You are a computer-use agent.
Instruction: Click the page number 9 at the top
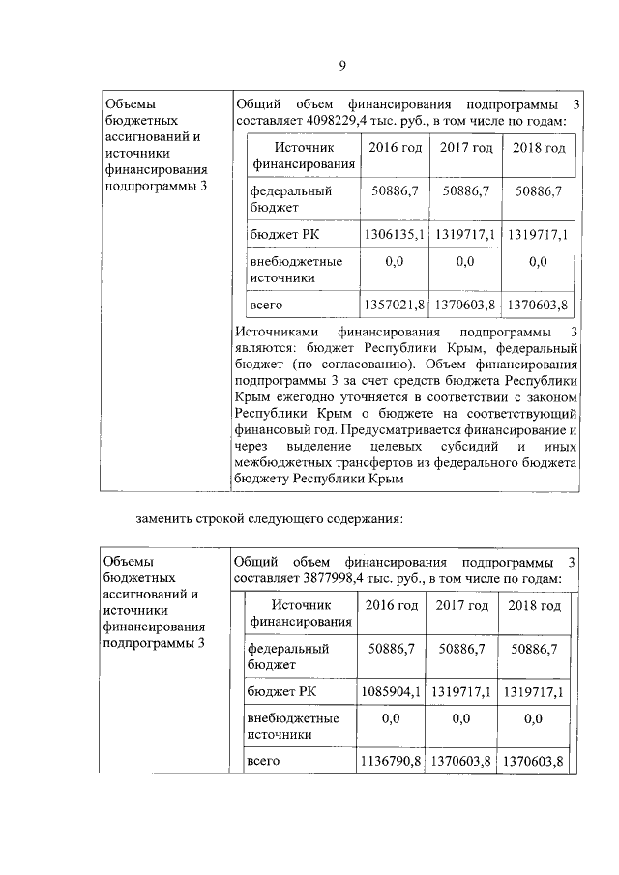[341, 66]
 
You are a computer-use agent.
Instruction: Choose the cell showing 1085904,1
[391, 691]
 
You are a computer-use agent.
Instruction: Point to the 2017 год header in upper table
[466, 147]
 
